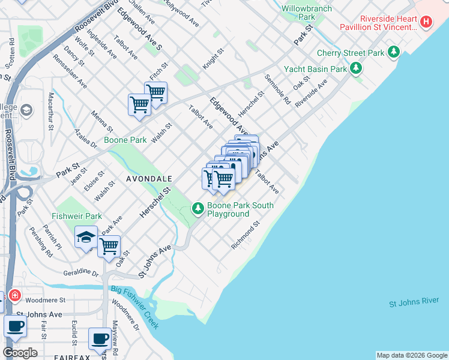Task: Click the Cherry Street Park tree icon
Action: pyautogui.click(x=394, y=53)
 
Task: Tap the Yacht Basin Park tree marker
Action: pyautogui.click(x=357, y=68)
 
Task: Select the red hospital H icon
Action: pyautogui.click(x=426, y=22)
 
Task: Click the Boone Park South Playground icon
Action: pyautogui.click(x=197, y=209)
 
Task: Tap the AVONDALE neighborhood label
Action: pyautogui.click(x=149, y=179)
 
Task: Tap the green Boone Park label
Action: pyautogui.click(x=125, y=140)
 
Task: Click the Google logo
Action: pyautogui.click(x=20, y=353)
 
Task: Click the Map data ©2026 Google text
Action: pyautogui.click(x=411, y=355)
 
